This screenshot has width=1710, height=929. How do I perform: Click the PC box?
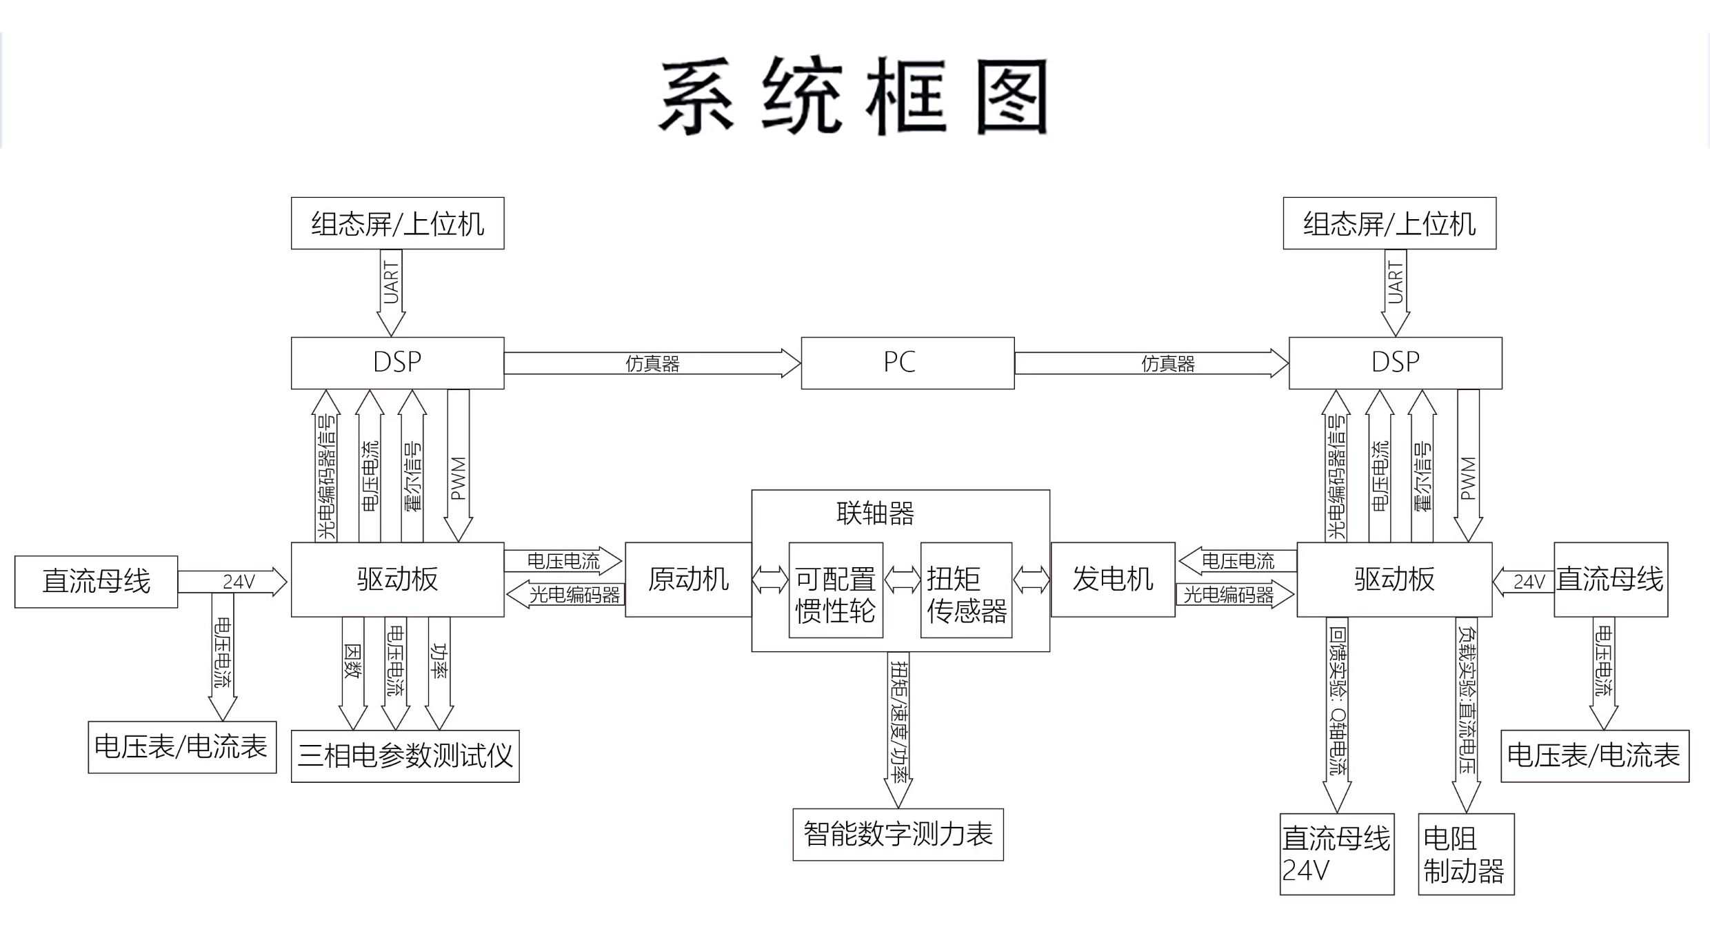pyautogui.click(x=907, y=363)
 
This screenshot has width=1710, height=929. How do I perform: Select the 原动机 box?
pyautogui.click(x=688, y=580)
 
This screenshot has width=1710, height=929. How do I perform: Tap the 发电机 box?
pyautogui.click(x=1113, y=580)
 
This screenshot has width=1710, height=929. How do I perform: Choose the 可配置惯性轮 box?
pyautogui.click(x=836, y=590)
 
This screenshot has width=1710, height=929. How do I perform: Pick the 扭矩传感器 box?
pyautogui.click(x=966, y=590)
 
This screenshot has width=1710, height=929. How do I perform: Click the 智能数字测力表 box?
pyautogui.click(x=898, y=835)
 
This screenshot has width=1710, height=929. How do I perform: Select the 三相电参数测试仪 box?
pyautogui.click(x=405, y=756)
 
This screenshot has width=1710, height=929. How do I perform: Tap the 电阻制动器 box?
pyautogui.click(x=1466, y=854)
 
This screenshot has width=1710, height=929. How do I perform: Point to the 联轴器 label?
pyautogui.click(x=875, y=513)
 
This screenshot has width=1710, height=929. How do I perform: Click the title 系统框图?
pyautogui.click(x=854, y=96)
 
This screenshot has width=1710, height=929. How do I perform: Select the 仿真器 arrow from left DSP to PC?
pyautogui.click(x=652, y=363)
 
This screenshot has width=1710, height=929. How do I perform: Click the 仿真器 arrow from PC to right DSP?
pyautogui.click(x=1151, y=363)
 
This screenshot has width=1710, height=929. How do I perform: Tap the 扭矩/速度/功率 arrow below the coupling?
pyautogui.click(x=898, y=730)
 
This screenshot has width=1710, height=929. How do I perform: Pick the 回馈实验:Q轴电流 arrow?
pyautogui.click(x=1337, y=715)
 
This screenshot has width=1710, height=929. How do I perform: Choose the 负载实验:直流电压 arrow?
pyautogui.click(x=1467, y=715)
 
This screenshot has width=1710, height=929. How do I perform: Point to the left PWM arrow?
pyautogui.click(x=458, y=466)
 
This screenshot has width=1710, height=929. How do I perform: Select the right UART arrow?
pyautogui.click(x=1396, y=293)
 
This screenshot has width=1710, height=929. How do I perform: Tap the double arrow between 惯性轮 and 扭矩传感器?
pyautogui.click(x=902, y=580)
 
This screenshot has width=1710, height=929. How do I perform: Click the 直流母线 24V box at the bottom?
pyautogui.click(x=1337, y=854)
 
